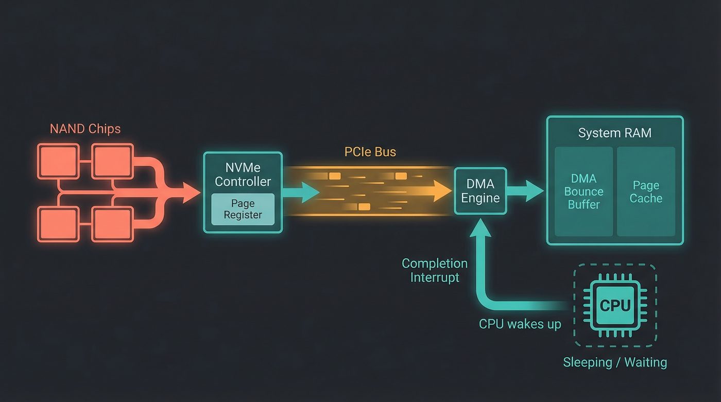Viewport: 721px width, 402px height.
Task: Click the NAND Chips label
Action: [85, 129]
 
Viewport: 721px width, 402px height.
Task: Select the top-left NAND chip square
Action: [58, 161]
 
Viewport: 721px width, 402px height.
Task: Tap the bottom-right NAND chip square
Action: [112, 224]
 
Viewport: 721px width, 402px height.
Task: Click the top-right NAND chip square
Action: [112, 161]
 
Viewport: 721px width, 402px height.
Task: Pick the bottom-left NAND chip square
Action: [58, 224]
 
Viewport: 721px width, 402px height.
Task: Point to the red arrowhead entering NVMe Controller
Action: [191, 193]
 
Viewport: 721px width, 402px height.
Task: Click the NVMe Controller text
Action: [243, 174]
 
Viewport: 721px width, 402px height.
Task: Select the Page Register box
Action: [243, 209]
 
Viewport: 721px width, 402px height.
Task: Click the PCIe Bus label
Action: [370, 152]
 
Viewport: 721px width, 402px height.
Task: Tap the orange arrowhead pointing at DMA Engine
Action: [442, 191]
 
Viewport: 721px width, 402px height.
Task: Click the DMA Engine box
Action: [480, 191]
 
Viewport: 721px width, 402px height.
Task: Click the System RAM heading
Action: [614, 133]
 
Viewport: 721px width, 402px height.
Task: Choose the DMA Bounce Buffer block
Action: [583, 191]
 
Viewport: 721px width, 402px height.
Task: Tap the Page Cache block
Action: [646, 191]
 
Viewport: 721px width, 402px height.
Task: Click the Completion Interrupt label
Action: [434, 270]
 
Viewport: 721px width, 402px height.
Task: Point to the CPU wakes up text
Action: [520, 324]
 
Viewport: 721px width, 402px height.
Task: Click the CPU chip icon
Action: [615, 305]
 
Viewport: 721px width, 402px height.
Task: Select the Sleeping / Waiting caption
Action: [614, 362]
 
